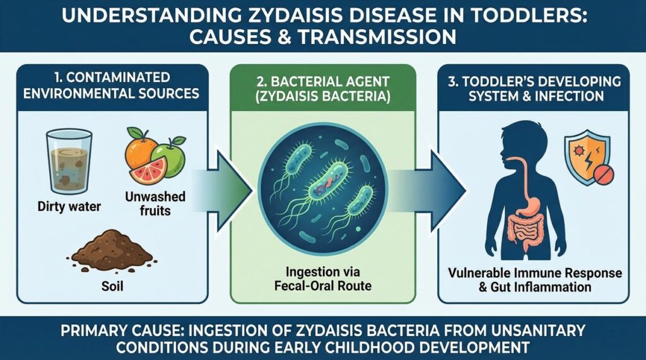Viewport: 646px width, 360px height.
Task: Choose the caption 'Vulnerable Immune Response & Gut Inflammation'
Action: [535, 280]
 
